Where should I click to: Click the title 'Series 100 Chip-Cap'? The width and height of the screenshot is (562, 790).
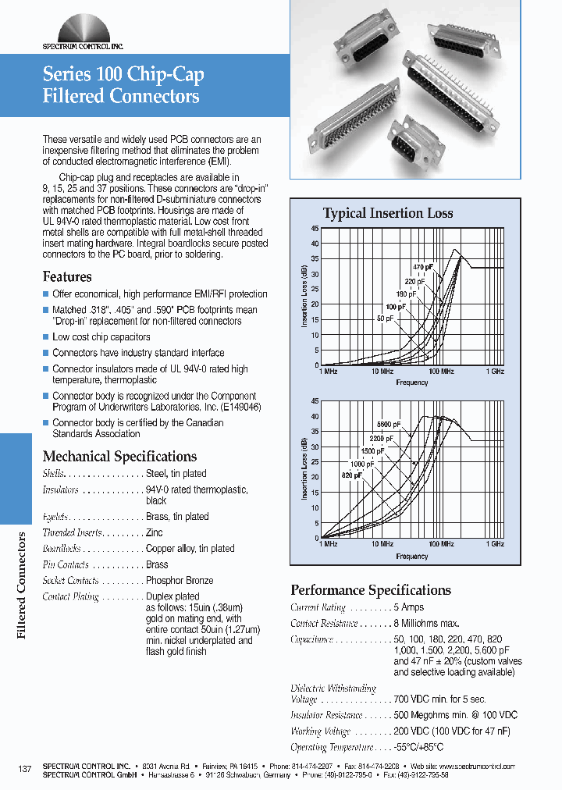pyautogui.click(x=123, y=75)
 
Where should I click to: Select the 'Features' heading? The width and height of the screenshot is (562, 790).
pyautogui.click(x=67, y=277)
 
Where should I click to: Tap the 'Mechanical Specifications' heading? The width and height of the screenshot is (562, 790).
pyautogui.click(x=119, y=457)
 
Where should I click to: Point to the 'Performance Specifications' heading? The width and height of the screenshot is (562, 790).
pyautogui.click(x=371, y=590)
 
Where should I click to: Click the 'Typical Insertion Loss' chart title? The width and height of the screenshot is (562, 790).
pyautogui.click(x=388, y=214)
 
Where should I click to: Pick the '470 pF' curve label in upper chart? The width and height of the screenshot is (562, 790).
pyautogui.click(x=422, y=268)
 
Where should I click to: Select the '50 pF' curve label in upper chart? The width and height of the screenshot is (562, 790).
pyautogui.click(x=385, y=318)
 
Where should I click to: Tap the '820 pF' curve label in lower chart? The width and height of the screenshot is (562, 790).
pyautogui.click(x=352, y=475)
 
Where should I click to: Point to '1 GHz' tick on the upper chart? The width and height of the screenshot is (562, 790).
pyautogui.click(x=495, y=372)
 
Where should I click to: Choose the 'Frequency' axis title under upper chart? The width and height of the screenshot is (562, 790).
pyautogui.click(x=412, y=383)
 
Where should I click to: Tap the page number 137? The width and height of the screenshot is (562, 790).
pyautogui.click(x=24, y=770)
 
